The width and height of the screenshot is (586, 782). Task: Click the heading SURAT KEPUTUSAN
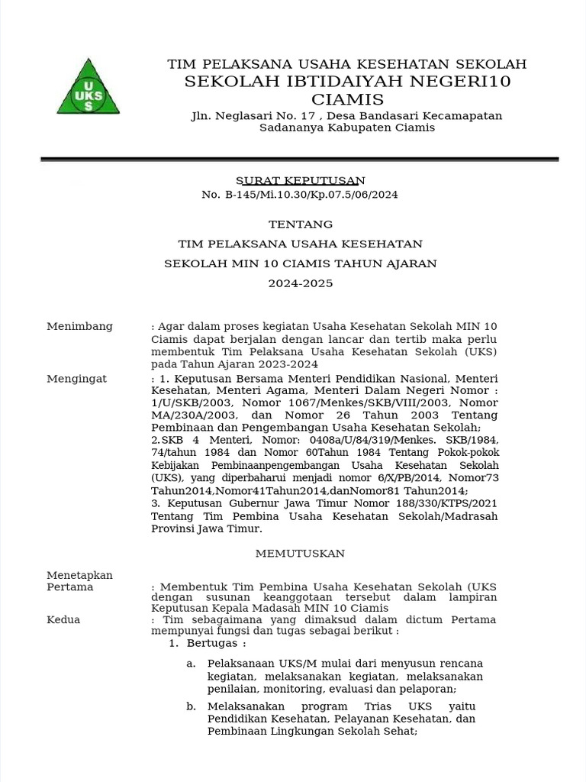tap(300, 180)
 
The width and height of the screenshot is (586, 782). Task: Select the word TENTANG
tap(300, 224)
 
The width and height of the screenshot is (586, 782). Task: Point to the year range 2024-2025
tap(300, 283)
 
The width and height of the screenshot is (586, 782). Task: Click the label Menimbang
tap(79, 326)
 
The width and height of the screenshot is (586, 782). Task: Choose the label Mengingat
tap(76, 379)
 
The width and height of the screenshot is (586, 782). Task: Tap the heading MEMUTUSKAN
tap(300, 553)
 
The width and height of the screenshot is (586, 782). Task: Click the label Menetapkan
tap(79, 575)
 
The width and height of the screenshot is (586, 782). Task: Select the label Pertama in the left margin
tap(69, 587)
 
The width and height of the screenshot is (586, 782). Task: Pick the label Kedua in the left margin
tap(63, 619)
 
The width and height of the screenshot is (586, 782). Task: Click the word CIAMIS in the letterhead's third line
tap(347, 100)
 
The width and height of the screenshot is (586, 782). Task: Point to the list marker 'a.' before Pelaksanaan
tap(191, 663)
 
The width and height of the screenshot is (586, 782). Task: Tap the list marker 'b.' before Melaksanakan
tap(191, 706)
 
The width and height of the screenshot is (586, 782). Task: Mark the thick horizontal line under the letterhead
tap(299, 159)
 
